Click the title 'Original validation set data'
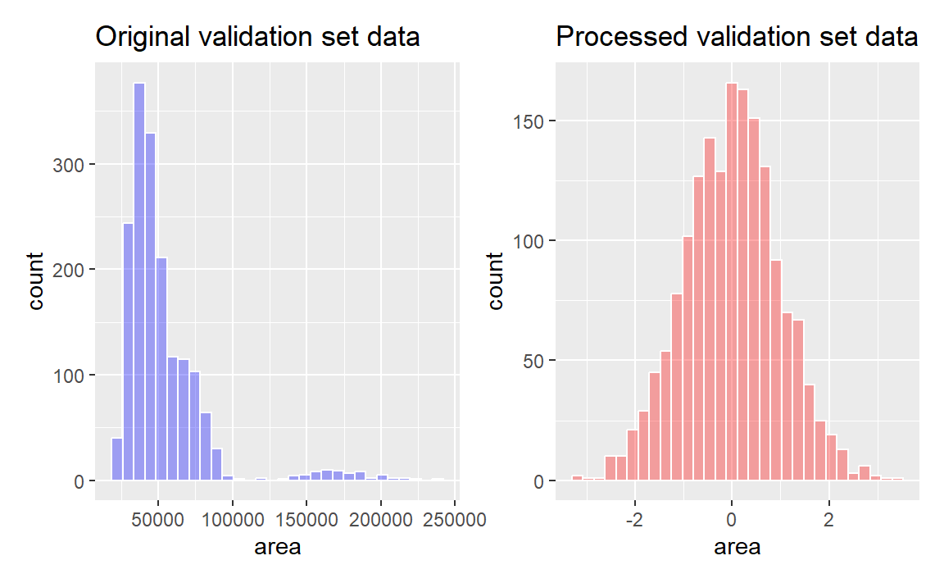click(x=258, y=38)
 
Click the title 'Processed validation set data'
click(x=737, y=38)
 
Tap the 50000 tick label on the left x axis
click(x=159, y=520)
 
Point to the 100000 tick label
click(x=232, y=520)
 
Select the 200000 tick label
click(x=380, y=520)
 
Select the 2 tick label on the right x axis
click(x=828, y=520)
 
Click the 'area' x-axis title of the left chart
click(x=278, y=547)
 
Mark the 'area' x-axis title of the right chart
click(x=737, y=547)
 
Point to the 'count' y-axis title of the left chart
click(x=37, y=281)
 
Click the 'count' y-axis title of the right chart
click(x=497, y=281)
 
